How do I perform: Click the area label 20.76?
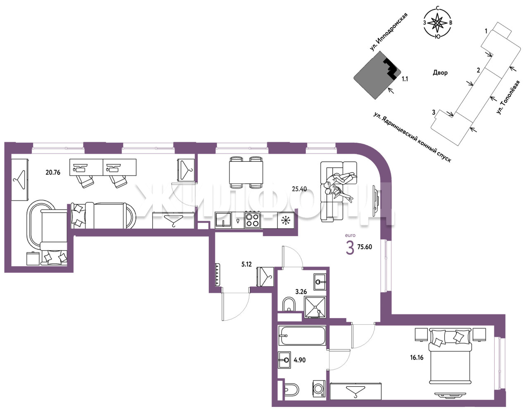(x=53, y=172)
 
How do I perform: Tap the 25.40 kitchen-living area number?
(x=299, y=189)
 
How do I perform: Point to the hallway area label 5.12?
(x=246, y=264)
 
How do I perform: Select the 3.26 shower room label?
(x=301, y=291)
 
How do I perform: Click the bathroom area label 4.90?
(x=300, y=360)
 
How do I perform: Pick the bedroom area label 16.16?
(x=417, y=357)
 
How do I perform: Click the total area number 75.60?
(x=365, y=247)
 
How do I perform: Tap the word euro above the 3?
(x=350, y=235)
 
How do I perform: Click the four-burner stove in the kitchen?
(x=252, y=220)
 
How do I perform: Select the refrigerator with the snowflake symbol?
(x=286, y=220)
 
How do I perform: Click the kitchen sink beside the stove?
(x=224, y=220)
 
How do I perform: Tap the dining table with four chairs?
(x=246, y=172)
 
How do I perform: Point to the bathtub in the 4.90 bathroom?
(x=302, y=335)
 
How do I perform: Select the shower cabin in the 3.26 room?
(x=315, y=307)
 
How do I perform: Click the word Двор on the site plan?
(x=440, y=73)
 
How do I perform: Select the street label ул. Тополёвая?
(x=508, y=97)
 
